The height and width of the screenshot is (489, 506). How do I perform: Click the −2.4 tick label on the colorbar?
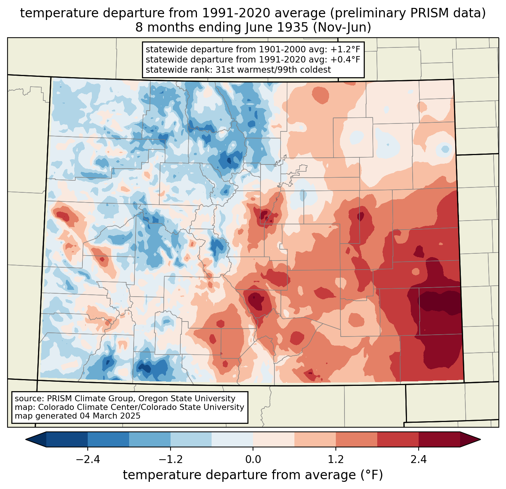tap(88, 459)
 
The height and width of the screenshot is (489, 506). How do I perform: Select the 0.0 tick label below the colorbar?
tap(253, 459)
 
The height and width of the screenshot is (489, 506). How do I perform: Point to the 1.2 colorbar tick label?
tap(336, 459)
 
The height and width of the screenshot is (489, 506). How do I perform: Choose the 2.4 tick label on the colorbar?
tap(418, 459)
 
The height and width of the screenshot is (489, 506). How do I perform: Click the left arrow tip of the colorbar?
tap(26, 440)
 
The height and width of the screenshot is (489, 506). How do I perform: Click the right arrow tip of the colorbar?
tap(480, 440)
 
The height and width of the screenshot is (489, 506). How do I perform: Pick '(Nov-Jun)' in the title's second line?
tap(342, 27)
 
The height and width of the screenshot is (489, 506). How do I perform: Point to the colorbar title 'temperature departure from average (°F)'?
tap(253, 475)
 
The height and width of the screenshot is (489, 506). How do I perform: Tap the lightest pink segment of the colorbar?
tap(274, 440)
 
